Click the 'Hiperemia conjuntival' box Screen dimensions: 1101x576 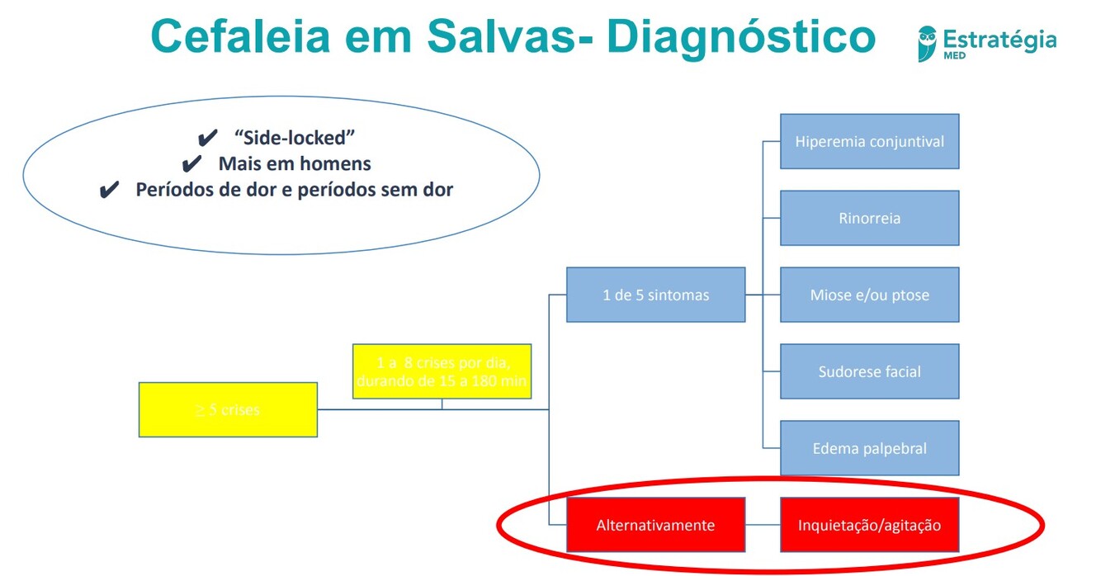(869, 141)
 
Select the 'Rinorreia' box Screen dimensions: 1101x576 (869, 219)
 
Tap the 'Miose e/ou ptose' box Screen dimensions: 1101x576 (869, 295)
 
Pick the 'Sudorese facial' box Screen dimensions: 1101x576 (869, 371)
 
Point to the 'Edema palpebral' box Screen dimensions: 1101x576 (869, 448)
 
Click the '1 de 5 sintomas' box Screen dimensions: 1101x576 (655, 295)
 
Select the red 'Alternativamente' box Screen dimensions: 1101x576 (655, 525)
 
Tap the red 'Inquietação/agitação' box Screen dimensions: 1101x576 (869, 525)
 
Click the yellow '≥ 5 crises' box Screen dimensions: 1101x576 (228, 409)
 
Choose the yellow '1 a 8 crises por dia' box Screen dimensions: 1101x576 (442, 371)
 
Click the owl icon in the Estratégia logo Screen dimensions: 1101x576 (927, 43)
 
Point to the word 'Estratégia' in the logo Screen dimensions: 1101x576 (999, 39)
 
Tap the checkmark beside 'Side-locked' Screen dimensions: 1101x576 (208, 137)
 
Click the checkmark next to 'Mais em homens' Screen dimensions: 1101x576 (191, 163)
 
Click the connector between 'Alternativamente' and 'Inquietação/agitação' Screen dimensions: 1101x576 (763, 525)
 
